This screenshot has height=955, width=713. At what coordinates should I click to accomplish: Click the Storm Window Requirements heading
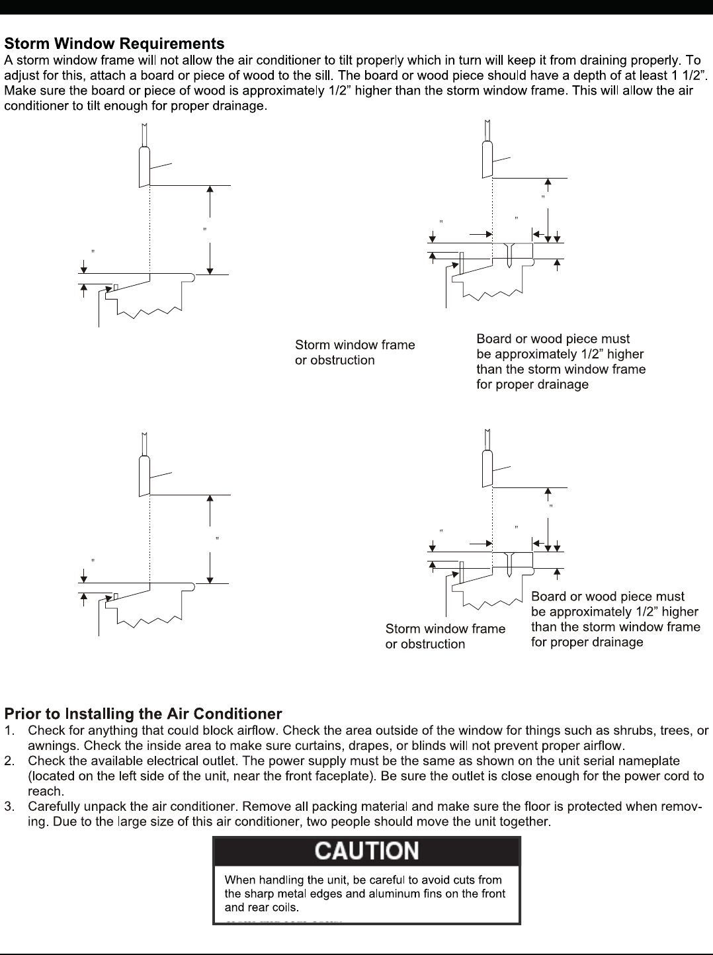point(114,44)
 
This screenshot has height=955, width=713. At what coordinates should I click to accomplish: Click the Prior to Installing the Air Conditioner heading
point(143,714)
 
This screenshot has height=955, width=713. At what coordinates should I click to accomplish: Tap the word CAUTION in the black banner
point(366,851)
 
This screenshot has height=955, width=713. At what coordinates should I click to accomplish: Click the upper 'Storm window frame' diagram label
point(355,345)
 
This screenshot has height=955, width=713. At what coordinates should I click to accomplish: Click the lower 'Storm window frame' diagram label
point(445,629)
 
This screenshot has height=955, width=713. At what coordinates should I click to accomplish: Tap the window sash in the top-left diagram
point(144,165)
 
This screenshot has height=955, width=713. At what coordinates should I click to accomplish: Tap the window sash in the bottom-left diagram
point(144,475)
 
